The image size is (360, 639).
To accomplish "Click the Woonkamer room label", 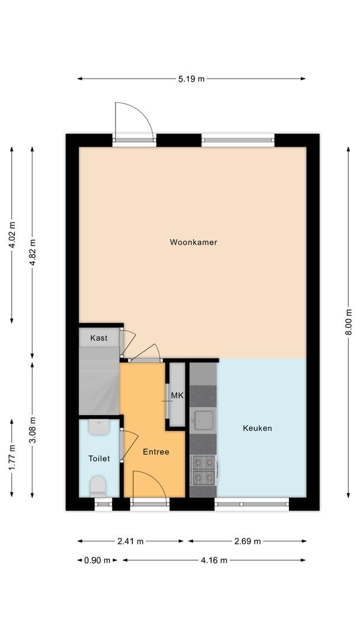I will pos(193,242).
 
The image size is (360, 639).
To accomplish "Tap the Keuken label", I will pos(258,428).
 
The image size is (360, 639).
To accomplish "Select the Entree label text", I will pos(156,452).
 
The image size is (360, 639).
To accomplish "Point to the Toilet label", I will pos(99,459).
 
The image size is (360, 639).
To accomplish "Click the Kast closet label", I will pos(99,338).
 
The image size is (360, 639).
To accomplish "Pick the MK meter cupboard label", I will pos(176,395).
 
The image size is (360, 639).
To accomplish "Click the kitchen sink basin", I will pos(203,421).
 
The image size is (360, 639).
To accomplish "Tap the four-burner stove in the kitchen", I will pos(203,469).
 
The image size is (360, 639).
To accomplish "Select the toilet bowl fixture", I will pos(98,487).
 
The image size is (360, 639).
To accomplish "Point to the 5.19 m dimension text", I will pos(192,79).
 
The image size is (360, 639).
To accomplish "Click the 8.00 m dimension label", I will pos(349,322).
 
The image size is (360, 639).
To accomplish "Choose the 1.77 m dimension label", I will pos(12,458).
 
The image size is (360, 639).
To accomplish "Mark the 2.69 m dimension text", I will pos(247,541).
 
